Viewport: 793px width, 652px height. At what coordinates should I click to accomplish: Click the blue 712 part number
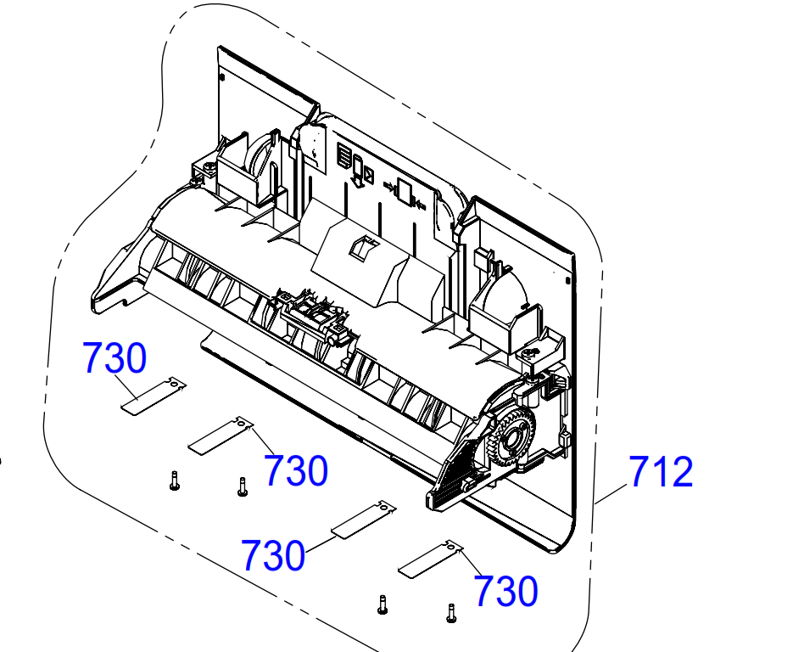661,472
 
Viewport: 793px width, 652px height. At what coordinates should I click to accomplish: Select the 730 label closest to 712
505,591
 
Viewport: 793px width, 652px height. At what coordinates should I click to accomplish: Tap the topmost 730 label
114,358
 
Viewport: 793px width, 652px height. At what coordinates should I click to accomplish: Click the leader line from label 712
612,493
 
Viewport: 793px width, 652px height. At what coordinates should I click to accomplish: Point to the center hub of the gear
512,437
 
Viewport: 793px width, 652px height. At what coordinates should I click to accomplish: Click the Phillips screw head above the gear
531,354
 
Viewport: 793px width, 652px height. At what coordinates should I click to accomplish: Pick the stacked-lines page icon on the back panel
343,155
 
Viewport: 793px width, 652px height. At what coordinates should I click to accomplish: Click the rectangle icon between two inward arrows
404,192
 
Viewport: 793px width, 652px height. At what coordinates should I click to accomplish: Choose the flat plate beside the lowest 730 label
429,559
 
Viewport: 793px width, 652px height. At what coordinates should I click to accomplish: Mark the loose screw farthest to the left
174,482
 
